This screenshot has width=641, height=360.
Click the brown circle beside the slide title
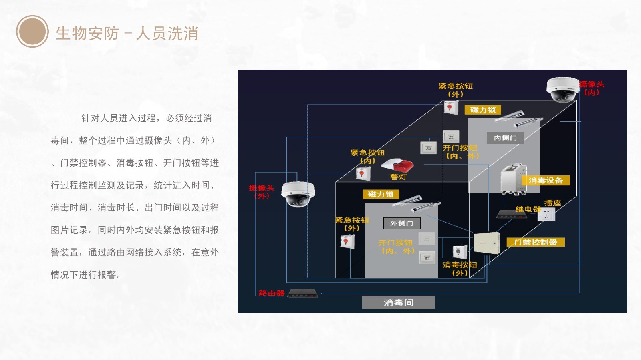tap(32, 32)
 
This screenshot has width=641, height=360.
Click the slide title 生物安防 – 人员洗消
tap(127, 33)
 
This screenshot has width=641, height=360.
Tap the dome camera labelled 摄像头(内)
tap(562, 89)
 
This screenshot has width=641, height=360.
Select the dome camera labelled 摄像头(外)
tap(298, 194)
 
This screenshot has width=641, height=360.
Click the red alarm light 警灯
tap(397, 165)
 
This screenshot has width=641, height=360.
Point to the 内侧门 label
tap(505, 138)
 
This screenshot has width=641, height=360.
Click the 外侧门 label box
tap(401, 223)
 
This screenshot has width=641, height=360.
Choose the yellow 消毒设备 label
tap(545, 181)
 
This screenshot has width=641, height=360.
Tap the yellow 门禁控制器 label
tap(535, 242)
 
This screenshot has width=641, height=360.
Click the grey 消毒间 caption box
tap(398, 302)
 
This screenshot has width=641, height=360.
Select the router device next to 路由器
tap(302, 293)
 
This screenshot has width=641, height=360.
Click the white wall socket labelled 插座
tap(546, 215)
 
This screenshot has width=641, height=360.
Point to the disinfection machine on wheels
tap(513, 179)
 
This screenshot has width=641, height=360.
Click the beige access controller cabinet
tap(486, 243)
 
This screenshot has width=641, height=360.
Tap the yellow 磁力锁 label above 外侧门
tap(381, 194)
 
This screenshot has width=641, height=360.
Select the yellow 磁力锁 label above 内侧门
tap(483, 110)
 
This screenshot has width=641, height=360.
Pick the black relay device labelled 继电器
tap(511, 214)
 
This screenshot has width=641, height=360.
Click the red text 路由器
tap(271, 293)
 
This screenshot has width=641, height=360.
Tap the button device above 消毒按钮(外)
tap(459, 252)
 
